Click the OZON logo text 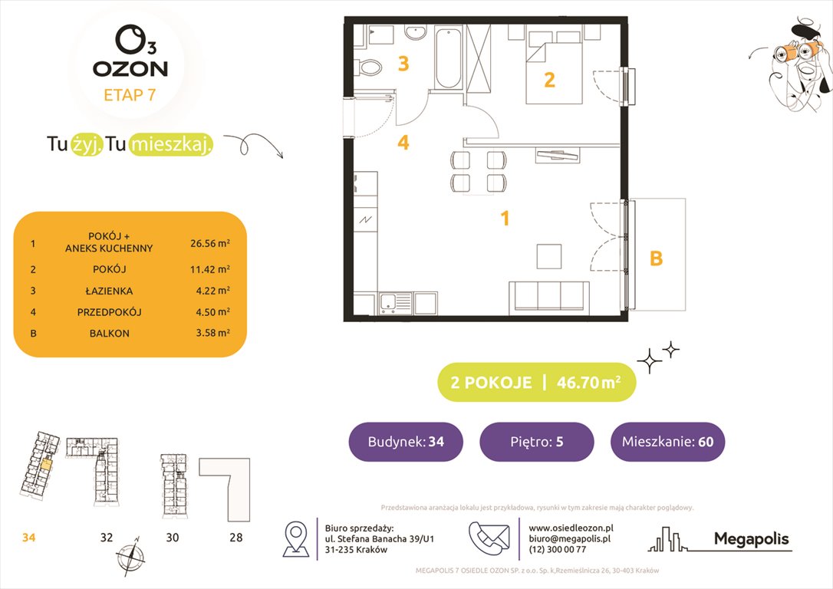click(130, 68)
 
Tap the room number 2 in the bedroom click(549, 80)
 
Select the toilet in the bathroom click(370, 67)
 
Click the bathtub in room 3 click(447, 58)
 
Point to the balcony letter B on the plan click(656, 259)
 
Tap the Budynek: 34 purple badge click(406, 442)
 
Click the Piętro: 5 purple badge click(536, 442)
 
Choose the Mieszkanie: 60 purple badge click(667, 442)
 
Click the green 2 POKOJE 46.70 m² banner click(536, 383)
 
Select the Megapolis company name click(751, 540)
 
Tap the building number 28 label click(235, 538)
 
